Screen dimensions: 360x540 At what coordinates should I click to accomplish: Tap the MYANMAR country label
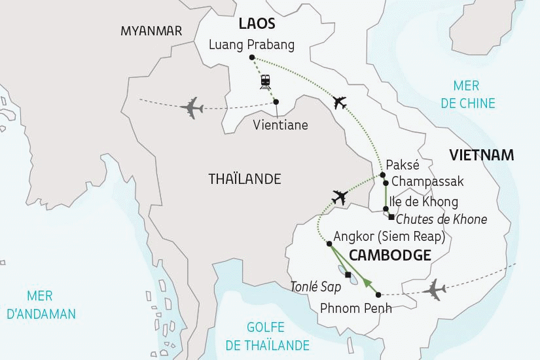click(x=151, y=31)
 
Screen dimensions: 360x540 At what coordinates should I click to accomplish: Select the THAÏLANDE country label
click(x=244, y=179)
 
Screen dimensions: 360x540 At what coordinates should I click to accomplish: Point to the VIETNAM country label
click(x=480, y=155)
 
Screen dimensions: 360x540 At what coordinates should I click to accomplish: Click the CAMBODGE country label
click(x=389, y=255)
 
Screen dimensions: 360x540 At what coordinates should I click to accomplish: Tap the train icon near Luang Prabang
click(x=265, y=81)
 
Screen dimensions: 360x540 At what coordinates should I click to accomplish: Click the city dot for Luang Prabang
click(x=253, y=58)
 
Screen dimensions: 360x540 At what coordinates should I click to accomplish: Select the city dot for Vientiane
click(x=276, y=101)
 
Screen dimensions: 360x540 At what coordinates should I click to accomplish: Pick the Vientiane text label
click(x=280, y=124)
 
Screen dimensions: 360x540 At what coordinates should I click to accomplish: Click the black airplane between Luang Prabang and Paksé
click(x=340, y=102)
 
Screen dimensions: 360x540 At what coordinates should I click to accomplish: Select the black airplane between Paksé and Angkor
click(x=339, y=196)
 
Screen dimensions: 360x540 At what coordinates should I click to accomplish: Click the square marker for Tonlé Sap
click(x=348, y=274)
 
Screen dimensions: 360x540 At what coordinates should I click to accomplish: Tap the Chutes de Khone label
click(x=442, y=219)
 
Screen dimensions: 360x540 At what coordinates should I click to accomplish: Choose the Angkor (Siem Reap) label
click(x=389, y=236)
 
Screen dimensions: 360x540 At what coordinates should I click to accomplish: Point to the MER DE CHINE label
click(x=466, y=95)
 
